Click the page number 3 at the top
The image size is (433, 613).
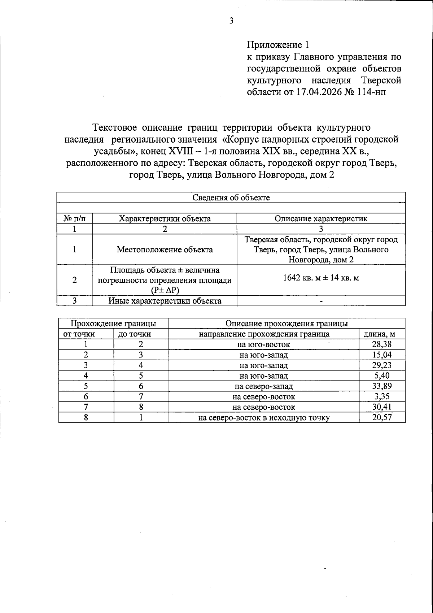[231, 21]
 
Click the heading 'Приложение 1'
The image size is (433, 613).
[278, 45]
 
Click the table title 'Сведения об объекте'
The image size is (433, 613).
[231, 197]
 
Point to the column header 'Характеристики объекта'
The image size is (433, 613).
[165, 218]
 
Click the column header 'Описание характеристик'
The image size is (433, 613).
[321, 218]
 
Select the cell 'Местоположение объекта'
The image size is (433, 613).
[165, 249]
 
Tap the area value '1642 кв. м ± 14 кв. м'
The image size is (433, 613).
[321, 278]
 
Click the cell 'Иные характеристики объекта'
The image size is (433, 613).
[165, 301]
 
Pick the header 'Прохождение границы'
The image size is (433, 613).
[113, 323]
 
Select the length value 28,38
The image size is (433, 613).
[382, 344]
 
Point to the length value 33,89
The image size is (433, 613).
[382, 386]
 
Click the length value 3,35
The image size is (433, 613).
[382, 397]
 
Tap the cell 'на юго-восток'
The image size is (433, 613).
[263, 344]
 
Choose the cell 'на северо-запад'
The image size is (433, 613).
[263, 386]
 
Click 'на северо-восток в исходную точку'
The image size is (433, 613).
[264, 418]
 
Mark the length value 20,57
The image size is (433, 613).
[382, 418]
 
